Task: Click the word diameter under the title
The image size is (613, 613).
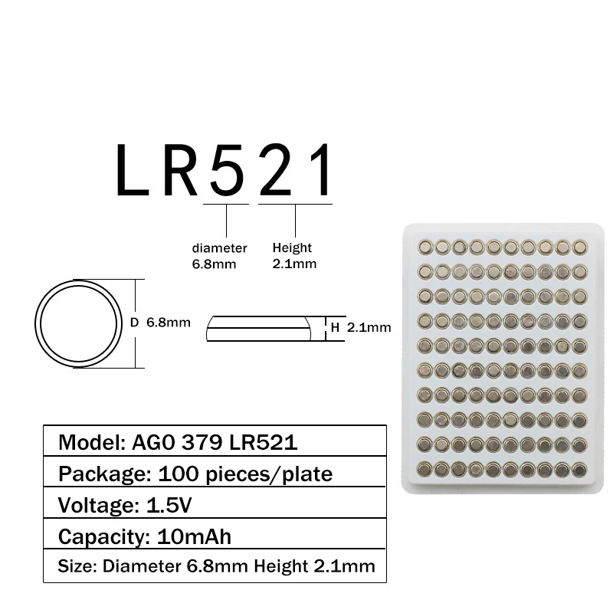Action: pyautogui.click(x=219, y=248)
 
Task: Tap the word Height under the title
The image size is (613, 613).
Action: pyautogui.click(x=292, y=248)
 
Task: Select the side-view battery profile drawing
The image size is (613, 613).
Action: pyautogui.click(x=259, y=327)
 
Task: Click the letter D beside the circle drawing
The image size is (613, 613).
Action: pyautogui.click(x=133, y=323)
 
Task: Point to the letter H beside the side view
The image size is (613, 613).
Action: pyautogui.click(x=335, y=327)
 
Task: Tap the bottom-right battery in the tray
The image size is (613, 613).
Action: pyautogui.click(x=579, y=467)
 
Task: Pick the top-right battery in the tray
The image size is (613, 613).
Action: pyautogui.click(x=579, y=246)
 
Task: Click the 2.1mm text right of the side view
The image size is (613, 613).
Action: pyautogui.click(x=369, y=327)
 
